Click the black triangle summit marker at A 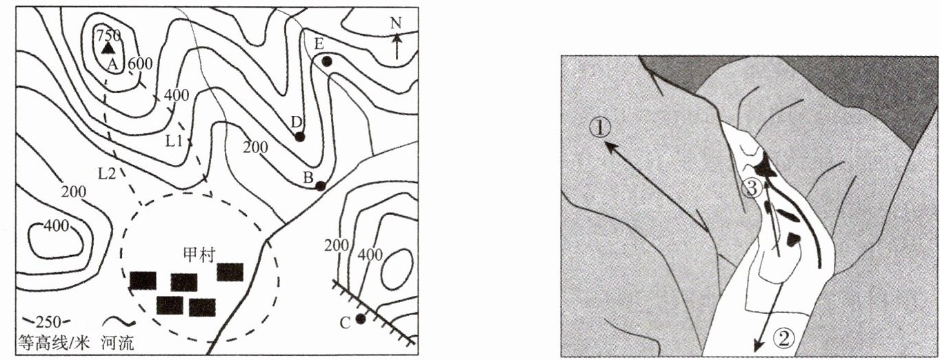(108, 48)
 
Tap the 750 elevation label (109, 35)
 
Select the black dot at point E (327, 61)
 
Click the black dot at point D (299, 137)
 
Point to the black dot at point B (320, 186)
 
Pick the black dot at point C (361, 319)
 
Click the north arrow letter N (396, 23)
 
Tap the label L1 (174, 141)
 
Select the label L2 (107, 174)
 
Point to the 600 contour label (140, 63)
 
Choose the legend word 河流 (118, 343)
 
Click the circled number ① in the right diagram (600, 128)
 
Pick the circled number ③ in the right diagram (752, 189)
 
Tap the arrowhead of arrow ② (759, 346)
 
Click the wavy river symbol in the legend (119, 322)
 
